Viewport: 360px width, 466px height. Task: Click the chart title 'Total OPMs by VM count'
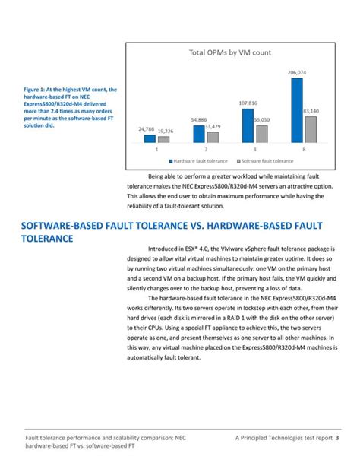[x=229, y=53]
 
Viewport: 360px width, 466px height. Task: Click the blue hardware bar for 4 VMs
[x=248, y=126]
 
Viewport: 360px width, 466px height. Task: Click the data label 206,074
[x=297, y=73]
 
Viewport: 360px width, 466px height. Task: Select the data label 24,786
[x=147, y=129]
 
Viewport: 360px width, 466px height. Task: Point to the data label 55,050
[x=262, y=120]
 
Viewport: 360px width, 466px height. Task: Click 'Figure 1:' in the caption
[x=36, y=90]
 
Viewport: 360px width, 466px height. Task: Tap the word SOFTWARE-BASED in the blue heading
[x=65, y=227]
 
